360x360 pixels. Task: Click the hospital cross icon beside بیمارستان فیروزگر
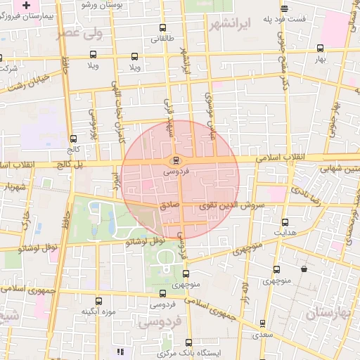[26, 5]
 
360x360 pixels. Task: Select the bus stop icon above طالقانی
[163, 28]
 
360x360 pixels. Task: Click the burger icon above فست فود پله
[283, 9]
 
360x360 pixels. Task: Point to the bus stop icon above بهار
[321, 49]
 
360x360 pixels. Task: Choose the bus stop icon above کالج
[74, 139]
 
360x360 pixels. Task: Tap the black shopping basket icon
[304, 269]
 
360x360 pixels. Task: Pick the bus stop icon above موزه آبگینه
[98, 301]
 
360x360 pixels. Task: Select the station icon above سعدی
[262, 323]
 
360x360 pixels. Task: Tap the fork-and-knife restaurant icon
[120, 351]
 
